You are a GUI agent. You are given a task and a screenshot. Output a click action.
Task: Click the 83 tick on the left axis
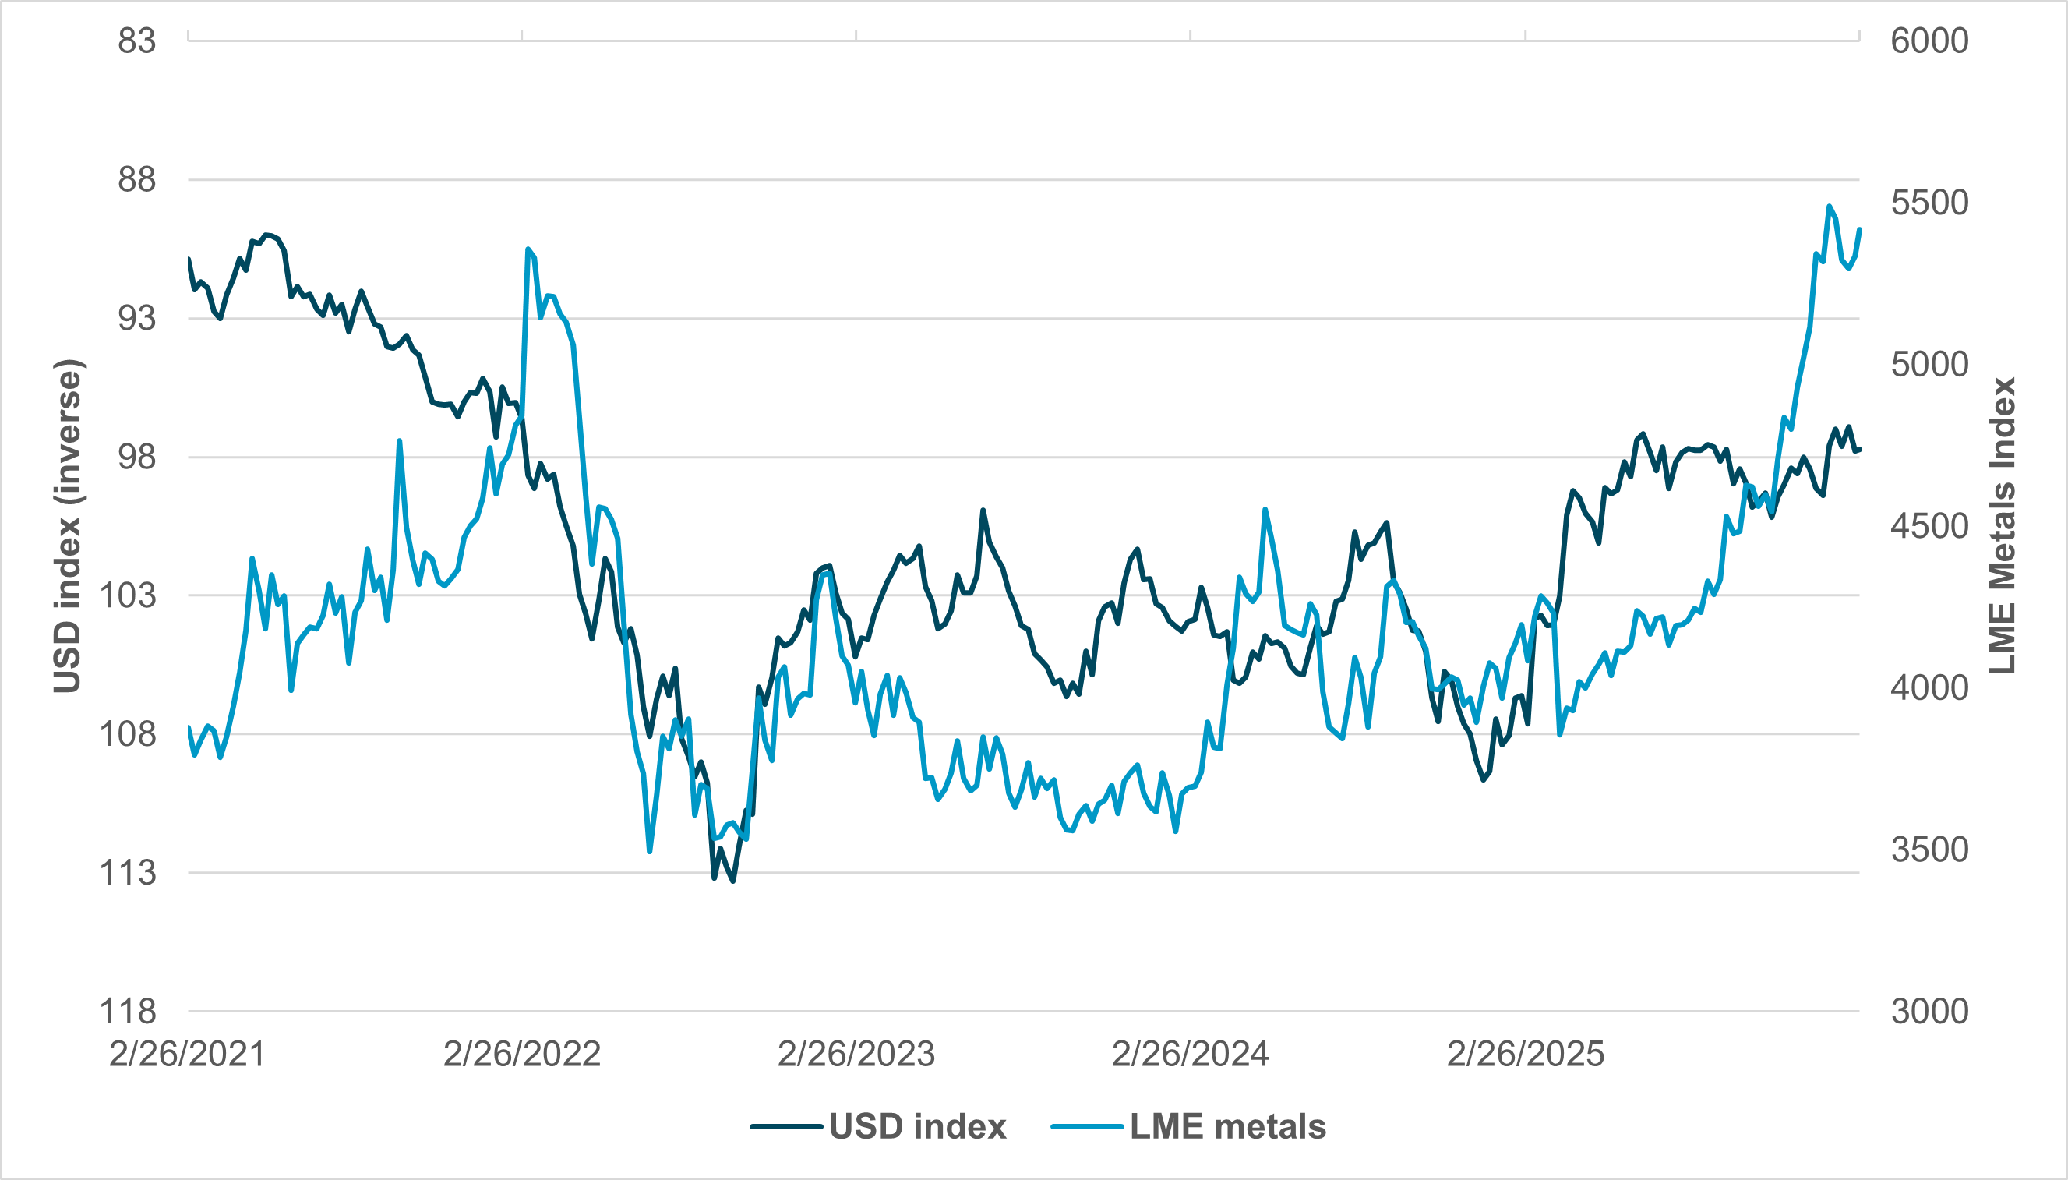[136, 41]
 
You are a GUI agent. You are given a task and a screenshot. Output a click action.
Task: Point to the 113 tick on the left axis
[127, 873]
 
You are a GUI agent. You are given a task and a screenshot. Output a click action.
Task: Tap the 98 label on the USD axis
[136, 457]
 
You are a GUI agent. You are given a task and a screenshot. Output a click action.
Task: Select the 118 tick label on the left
[127, 1012]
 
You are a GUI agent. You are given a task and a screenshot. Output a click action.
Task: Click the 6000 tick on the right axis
[1929, 41]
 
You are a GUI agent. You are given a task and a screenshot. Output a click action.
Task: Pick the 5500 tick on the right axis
[1929, 203]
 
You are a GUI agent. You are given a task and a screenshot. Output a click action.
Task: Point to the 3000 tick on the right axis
[1929, 1012]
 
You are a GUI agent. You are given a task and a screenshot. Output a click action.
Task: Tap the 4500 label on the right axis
[1929, 526]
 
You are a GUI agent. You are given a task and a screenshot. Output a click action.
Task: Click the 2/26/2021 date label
[187, 1055]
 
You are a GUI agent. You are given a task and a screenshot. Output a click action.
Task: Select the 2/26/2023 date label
[856, 1055]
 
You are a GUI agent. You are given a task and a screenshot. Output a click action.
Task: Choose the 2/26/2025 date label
[1525, 1055]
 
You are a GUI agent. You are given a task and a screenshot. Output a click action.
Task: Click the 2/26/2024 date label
[1190, 1055]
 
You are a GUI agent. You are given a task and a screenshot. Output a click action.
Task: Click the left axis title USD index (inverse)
[68, 526]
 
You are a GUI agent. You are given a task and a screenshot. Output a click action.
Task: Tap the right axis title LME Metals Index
[2002, 526]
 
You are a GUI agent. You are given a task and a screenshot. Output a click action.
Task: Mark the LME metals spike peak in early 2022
[528, 249]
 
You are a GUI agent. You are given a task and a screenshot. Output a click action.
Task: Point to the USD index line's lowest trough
[733, 881]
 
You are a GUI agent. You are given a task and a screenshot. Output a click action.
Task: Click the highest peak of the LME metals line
[1829, 206]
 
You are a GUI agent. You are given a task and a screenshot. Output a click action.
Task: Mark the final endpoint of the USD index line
[1860, 449]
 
